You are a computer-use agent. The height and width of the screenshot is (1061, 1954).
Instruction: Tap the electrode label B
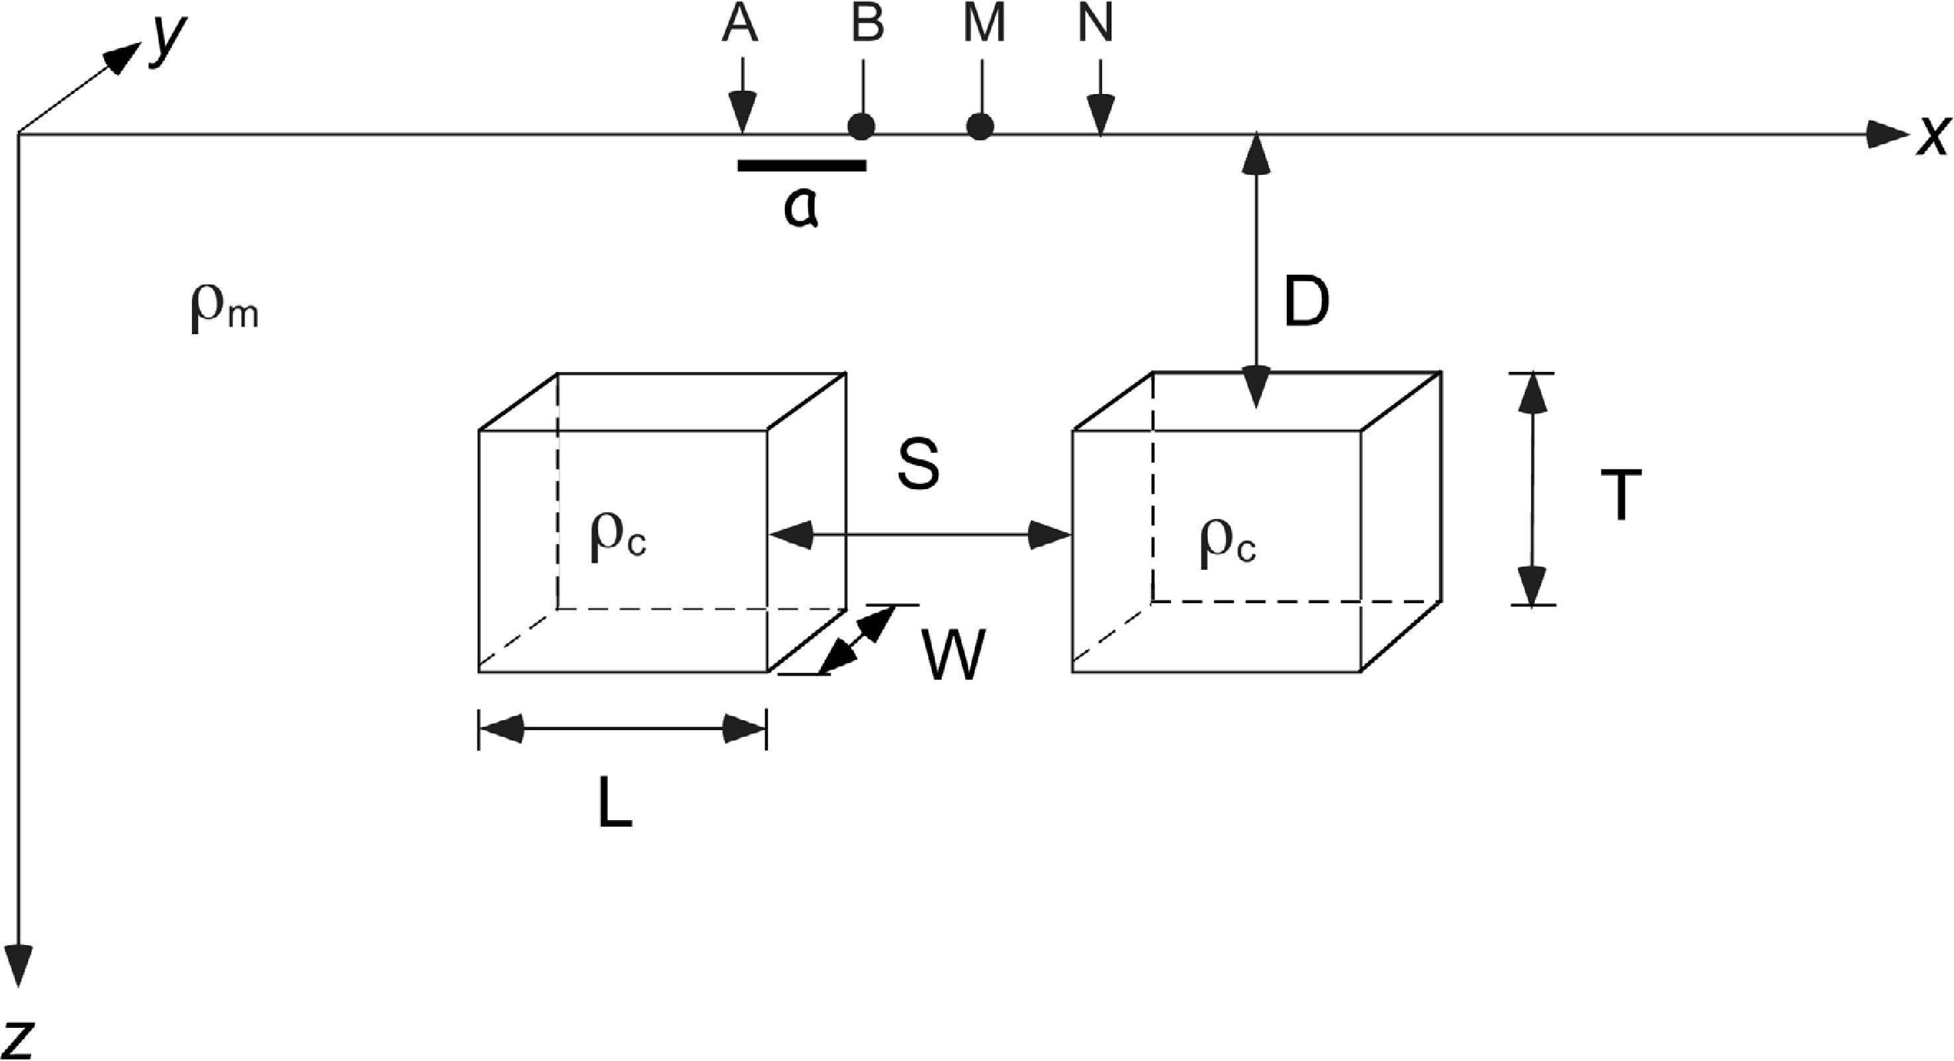(x=867, y=25)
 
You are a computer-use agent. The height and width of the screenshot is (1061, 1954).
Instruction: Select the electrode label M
(x=984, y=25)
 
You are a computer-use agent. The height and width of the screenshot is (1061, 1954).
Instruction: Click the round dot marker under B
(x=861, y=126)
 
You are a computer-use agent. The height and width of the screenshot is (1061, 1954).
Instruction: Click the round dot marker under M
(x=980, y=126)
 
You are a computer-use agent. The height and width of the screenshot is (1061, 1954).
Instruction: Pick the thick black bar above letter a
(x=802, y=165)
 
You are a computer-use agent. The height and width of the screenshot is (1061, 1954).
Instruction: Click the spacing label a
(x=801, y=208)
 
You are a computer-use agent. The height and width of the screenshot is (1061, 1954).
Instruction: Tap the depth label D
(x=1306, y=302)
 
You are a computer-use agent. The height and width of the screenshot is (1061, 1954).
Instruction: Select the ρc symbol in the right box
(x=1227, y=544)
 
